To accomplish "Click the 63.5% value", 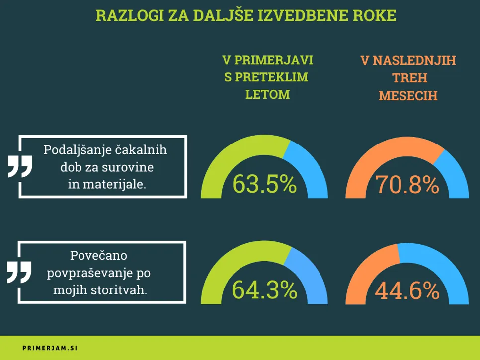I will click(x=264, y=184).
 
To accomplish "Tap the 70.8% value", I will click(x=407, y=185).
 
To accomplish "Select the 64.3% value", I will click(x=264, y=290).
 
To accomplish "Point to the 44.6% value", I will click(x=407, y=290).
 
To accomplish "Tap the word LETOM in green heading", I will click(x=267, y=94).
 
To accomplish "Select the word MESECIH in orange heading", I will click(x=408, y=95).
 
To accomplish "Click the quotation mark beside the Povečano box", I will click(x=19, y=272).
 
